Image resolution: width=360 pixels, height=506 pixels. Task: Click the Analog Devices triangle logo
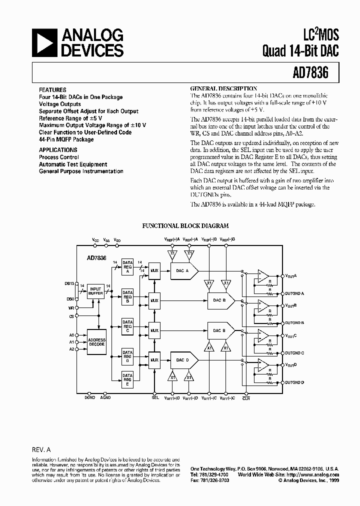(45, 42)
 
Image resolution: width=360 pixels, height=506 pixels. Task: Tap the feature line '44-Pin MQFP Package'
(66, 139)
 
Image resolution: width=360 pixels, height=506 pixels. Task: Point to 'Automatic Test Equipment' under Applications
(73, 164)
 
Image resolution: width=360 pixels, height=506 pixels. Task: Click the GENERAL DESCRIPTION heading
(224, 88)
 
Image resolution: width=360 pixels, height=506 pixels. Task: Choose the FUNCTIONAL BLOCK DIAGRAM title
(185, 226)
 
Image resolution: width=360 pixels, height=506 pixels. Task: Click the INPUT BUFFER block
(95, 291)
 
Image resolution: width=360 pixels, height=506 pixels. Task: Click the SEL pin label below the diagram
(155, 398)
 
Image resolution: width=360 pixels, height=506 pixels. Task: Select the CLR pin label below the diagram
(245, 398)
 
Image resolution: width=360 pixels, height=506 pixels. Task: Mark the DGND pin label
(89, 398)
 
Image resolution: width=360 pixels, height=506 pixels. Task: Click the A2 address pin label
(71, 349)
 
